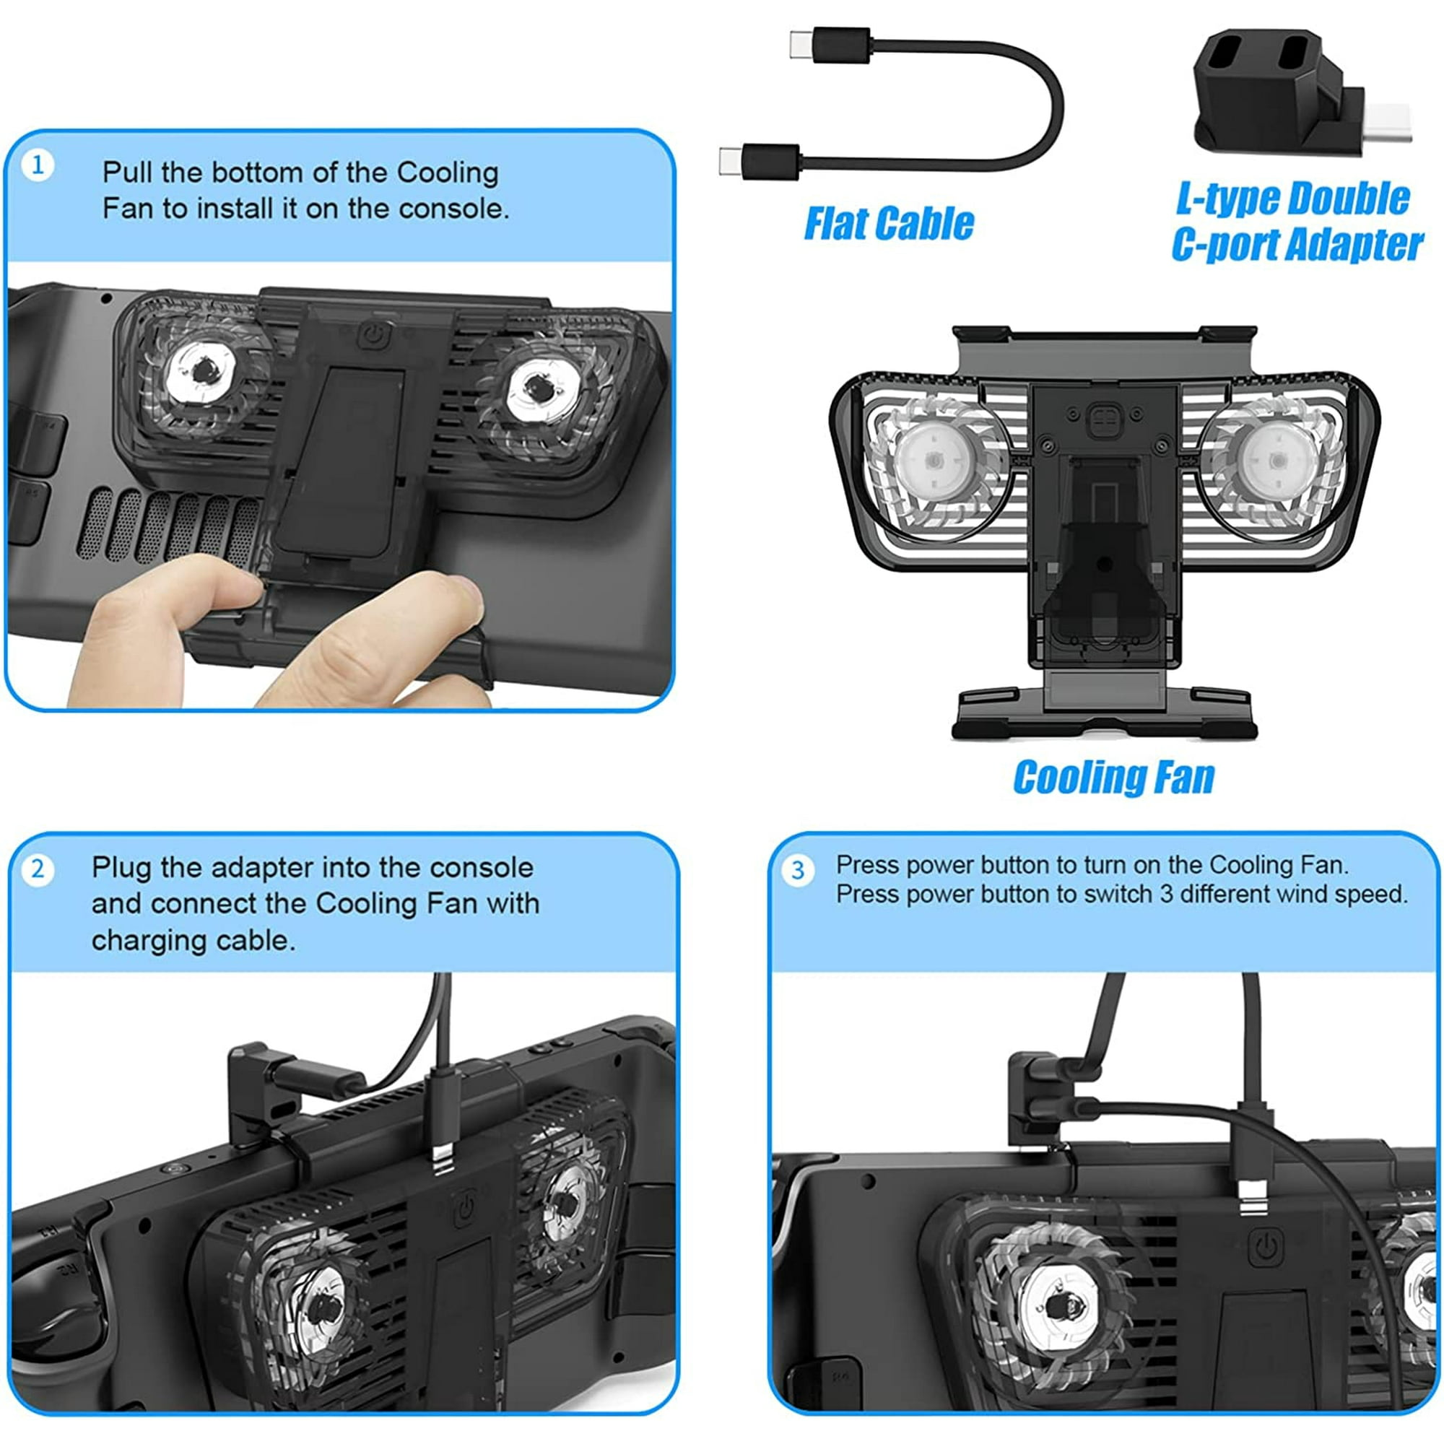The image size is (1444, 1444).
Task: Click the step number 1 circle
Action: tap(38, 165)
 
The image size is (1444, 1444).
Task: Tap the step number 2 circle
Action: tap(38, 869)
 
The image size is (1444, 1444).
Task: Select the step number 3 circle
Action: tap(799, 869)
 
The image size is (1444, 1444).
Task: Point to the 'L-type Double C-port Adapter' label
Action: tap(1296, 222)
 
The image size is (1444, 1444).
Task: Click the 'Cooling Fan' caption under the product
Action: tap(1113, 778)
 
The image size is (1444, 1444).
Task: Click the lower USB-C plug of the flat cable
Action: tap(760, 160)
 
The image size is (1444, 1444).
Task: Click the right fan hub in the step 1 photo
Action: tap(537, 388)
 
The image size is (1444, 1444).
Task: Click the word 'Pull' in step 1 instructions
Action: tap(128, 173)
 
